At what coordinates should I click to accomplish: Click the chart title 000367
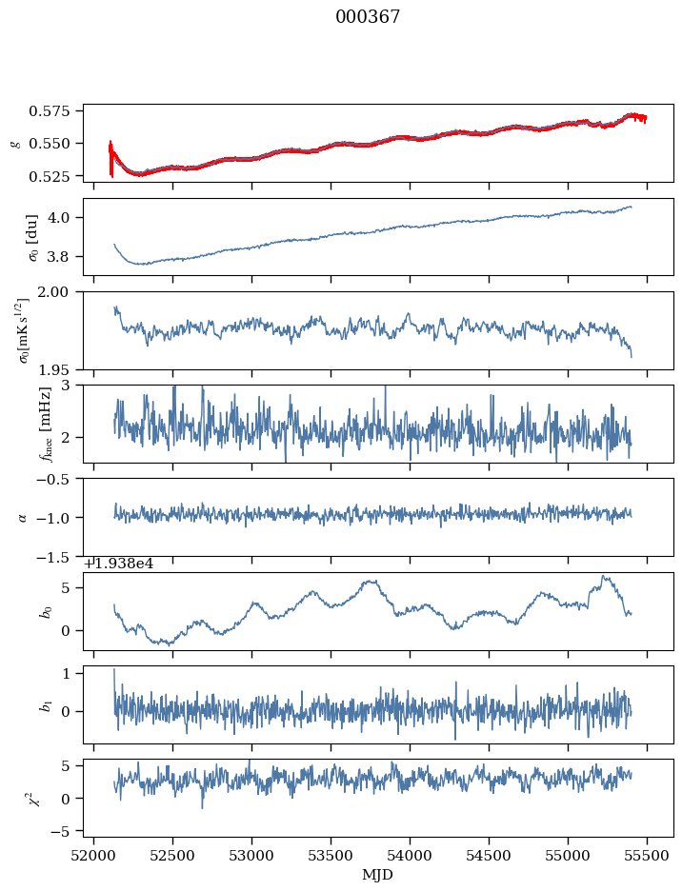(368, 17)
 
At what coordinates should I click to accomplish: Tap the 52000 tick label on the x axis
(93, 858)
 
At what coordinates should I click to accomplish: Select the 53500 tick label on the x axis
(331, 858)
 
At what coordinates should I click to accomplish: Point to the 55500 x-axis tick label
(648, 858)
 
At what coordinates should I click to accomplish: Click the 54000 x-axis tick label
(411, 858)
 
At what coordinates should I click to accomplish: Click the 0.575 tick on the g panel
(56, 110)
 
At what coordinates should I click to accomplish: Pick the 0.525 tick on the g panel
(56, 176)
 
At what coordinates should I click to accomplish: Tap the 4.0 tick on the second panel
(65, 217)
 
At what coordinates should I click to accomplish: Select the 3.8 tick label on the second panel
(65, 256)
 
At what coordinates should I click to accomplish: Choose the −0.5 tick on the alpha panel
(58, 479)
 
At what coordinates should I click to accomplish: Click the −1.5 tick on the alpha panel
(58, 556)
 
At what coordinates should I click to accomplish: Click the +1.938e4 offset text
(119, 563)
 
